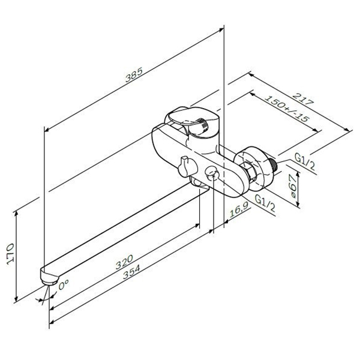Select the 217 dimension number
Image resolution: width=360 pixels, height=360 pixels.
click(x=304, y=99)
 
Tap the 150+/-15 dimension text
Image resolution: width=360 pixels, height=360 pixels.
click(x=287, y=109)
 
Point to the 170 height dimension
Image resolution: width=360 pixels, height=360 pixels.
click(x=10, y=254)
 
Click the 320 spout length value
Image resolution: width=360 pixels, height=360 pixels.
click(x=124, y=262)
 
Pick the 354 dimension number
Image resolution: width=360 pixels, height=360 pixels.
click(x=131, y=272)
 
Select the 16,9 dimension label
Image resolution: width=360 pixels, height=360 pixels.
click(x=239, y=210)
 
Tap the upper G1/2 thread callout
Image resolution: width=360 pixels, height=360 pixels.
click(x=305, y=161)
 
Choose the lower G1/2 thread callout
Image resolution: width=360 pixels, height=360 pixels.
click(x=265, y=203)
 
